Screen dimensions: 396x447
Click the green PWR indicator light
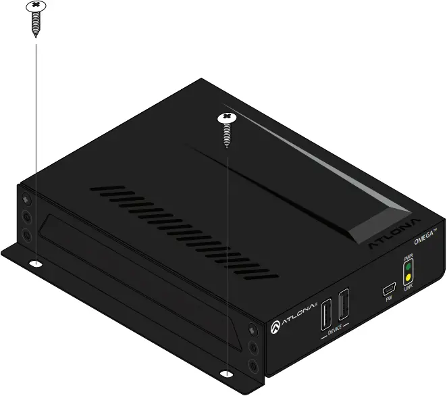[408, 267]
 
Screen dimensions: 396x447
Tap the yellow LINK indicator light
[408, 277]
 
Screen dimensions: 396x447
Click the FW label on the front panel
[389, 299]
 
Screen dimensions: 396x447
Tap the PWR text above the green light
[408, 257]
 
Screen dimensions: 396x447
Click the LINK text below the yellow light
[408, 287]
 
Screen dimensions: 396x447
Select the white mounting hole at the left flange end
[35, 262]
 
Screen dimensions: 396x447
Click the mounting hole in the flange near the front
[227, 372]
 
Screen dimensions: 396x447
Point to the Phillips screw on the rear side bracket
[26, 201]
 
